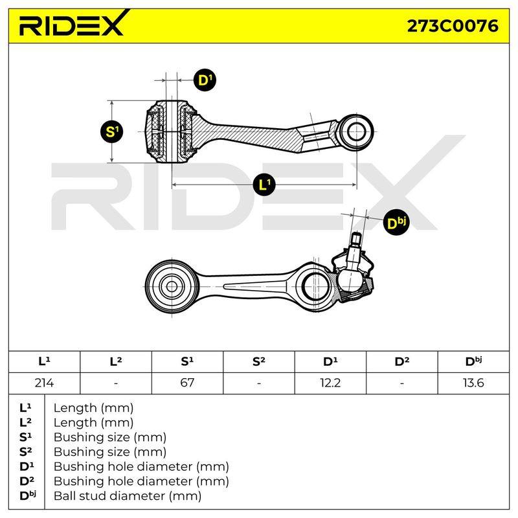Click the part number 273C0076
(x=452, y=26)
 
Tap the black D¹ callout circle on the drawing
(x=205, y=80)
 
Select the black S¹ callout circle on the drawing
(x=112, y=132)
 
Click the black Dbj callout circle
(x=396, y=223)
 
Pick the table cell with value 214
(x=44, y=383)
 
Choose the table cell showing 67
(x=187, y=383)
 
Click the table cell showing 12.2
(x=330, y=383)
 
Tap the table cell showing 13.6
(x=473, y=383)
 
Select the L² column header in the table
(x=116, y=362)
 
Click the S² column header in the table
(x=258, y=362)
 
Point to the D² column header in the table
(x=401, y=362)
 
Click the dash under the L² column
(x=116, y=383)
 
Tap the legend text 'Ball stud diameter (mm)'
(x=128, y=496)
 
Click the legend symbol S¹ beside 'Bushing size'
(x=26, y=438)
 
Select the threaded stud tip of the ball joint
(x=356, y=239)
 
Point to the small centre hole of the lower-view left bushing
(x=172, y=286)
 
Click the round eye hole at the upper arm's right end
(x=357, y=132)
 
